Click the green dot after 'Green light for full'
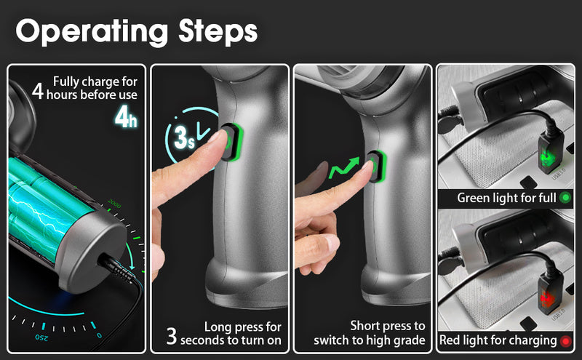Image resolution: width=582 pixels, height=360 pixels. coord(565,197)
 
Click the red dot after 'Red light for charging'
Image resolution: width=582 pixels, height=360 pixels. coord(565,340)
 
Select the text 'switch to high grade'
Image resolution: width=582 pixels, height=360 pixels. coord(370,340)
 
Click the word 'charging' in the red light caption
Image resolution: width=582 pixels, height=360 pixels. coord(532,340)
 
